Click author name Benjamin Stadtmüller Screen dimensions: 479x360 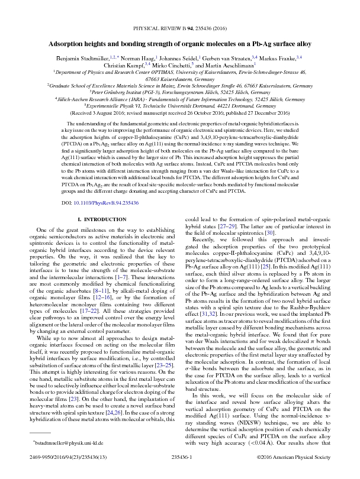pyautogui.click(x=83, y=58)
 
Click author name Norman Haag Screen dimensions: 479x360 pyautogui.click(x=139, y=58)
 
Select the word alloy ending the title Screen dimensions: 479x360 pyautogui.click(x=301, y=44)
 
